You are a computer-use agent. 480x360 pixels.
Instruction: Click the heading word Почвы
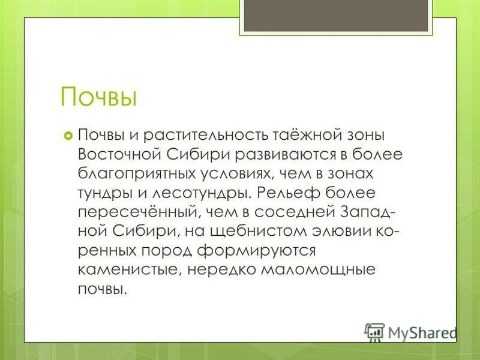coord(99,97)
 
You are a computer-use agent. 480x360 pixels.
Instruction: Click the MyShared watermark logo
coord(410,331)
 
